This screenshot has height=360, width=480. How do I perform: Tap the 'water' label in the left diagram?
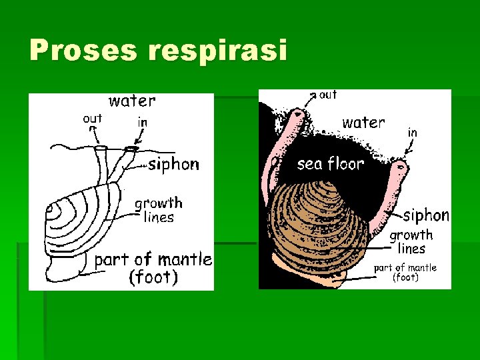pyautogui.click(x=132, y=101)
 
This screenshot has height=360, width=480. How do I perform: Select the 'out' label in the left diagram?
pyautogui.click(x=92, y=119)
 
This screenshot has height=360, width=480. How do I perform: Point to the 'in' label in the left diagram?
pyautogui.click(x=142, y=123)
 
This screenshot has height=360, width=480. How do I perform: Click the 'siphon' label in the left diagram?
pyautogui.click(x=173, y=164)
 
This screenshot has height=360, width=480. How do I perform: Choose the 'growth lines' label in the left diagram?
pyautogui.click(x=159, y=209)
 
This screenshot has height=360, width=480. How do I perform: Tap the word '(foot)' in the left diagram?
pyautogui.click(x=153, y=277)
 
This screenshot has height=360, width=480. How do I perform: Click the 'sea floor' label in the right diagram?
pyautogui.click(x=331, y=163)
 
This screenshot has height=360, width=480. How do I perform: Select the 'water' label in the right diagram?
pyautogui.click(x=363, y=123)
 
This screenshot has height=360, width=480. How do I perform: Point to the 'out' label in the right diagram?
pyautogui.click(x=328, y=95)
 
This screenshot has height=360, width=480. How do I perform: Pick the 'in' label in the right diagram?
pyautogui.click(x=412, y=133)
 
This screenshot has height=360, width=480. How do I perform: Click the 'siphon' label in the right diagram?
pyautogui.click(x=426, y=215)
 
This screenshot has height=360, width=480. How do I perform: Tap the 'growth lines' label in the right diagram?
pyautogui.click(x=411, y=241)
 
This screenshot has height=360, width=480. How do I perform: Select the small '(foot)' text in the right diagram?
pyautogui.click(x=405, y=277)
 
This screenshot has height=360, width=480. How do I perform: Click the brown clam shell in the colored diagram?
pyautogui.click(x=320, y=227)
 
